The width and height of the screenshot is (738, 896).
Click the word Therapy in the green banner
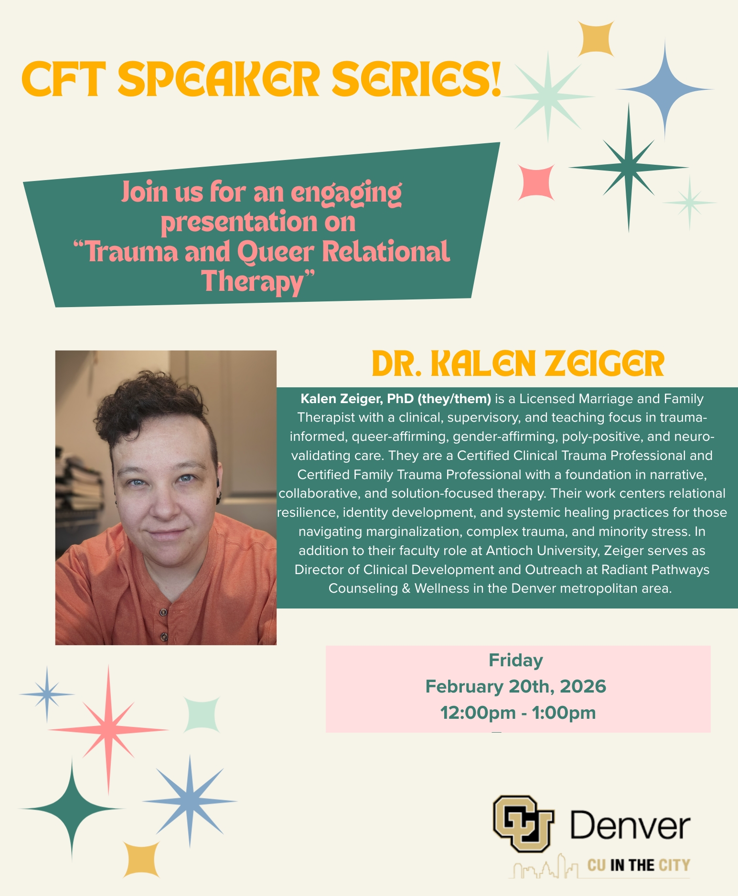click(253, 281)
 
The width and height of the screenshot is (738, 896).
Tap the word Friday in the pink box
click(516, 660)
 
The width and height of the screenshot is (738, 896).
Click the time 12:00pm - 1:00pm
click(518, 713)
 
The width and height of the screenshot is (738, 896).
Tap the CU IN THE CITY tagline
click(639, 865)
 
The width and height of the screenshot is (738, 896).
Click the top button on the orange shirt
click(163, 612)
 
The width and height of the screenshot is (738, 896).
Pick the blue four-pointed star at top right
click(664, 89)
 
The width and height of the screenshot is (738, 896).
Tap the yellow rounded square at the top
click(596, 39)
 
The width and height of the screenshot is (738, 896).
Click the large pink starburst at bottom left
click(108, 730)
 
